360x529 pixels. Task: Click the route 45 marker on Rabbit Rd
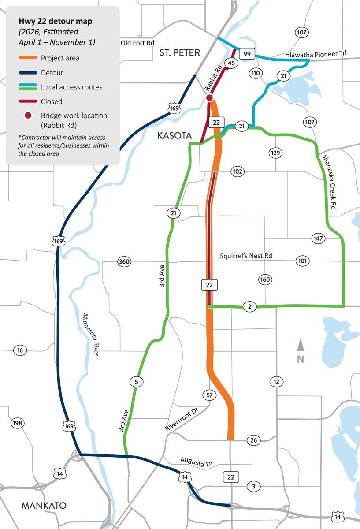[x=230, y=63]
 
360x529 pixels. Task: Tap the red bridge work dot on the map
[x=210, y=97]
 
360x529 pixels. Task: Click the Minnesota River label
[x=91, y=335]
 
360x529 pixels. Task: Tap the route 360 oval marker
[x=124, y=262]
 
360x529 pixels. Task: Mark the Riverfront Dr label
[x=182, y=419]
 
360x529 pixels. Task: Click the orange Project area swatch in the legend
[x=27, y=58]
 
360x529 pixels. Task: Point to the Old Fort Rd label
[x=138, y=43]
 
